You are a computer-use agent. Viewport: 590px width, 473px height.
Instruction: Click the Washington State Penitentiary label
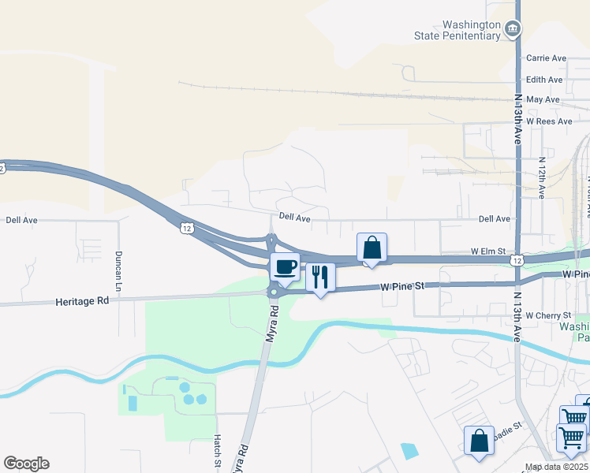[x=458, y=30]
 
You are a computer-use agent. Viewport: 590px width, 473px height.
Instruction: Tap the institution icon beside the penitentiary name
[x=513, y=30]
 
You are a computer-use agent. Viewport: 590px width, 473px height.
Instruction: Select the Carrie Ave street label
[x=547, y=58]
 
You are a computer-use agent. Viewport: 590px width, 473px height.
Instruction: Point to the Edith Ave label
[x=544, y=80]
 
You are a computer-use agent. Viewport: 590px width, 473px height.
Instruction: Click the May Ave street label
[x=543, y=100]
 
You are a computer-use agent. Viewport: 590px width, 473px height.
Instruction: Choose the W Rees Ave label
[x=549, y=121]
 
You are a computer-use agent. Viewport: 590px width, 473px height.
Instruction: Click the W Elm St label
[x=487, y=251]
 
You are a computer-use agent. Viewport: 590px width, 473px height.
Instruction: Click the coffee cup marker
[x=285, y=266]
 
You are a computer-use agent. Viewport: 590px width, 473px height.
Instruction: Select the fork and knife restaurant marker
[x=320, y=277]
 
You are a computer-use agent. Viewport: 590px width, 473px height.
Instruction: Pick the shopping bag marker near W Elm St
[x=372, y=248]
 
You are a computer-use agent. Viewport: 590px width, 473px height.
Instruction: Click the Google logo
[x=26, y=464]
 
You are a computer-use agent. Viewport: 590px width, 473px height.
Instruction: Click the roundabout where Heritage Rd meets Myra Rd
[x=274, y=292]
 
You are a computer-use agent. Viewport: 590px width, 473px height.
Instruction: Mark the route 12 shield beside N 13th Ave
[x=515, y=259]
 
